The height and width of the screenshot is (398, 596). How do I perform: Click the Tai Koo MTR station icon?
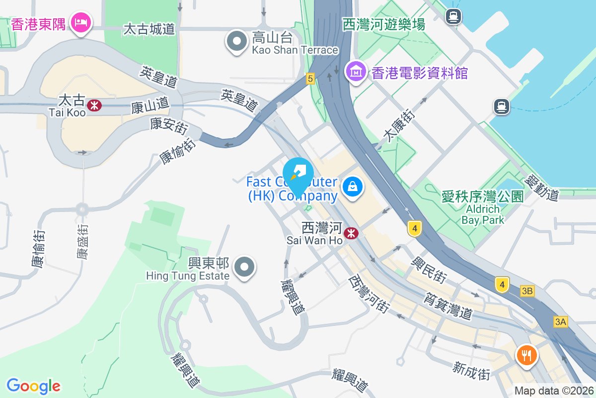[x=93, y=105]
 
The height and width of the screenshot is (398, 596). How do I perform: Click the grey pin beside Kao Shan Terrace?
[x=237, y=41]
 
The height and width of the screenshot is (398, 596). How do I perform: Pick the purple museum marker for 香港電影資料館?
[x=356, y=72]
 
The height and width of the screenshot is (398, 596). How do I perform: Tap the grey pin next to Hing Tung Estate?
[x=244, y=267]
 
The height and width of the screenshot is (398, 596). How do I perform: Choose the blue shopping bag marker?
[x=352, y=187]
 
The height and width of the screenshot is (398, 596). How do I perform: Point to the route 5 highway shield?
[x=310, y=78]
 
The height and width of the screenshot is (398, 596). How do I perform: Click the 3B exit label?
[x=527, y=291]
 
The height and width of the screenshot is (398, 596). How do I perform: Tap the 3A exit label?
[x=561, y=322]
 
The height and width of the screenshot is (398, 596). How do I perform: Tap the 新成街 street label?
[x=471, y=371]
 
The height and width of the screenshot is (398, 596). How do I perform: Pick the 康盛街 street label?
[x=82, y=242]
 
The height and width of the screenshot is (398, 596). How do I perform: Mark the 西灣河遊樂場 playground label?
[x=384, y=24]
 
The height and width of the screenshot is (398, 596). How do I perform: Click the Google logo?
[x=33, y=386]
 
